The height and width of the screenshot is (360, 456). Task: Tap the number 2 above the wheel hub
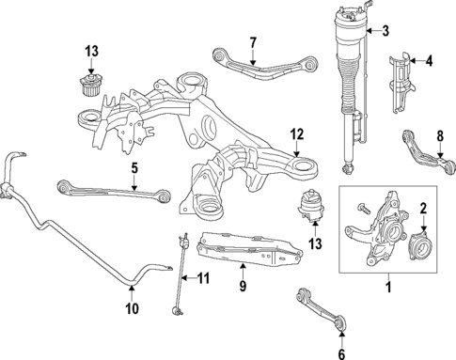click(x=422, y=209)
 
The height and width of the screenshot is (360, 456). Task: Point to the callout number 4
click(x=430, y=63)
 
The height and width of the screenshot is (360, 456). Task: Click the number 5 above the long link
click(x=134, y=170)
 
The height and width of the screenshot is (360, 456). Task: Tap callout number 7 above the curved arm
click(x=252, y=42)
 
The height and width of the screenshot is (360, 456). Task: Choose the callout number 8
click(x=438, y=136)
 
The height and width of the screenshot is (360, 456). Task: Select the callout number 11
click(x=203, y=277)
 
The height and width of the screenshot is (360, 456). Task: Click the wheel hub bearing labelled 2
click(x=419, y=246)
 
